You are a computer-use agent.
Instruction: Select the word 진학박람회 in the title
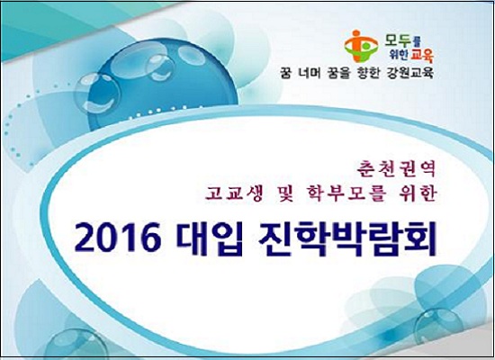coord(346,239)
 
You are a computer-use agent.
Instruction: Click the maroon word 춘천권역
coord(396,168)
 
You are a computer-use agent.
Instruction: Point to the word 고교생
coord(234,193)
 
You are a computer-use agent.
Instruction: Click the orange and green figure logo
coord(362,47)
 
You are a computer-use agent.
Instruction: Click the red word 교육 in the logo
coord(421,56)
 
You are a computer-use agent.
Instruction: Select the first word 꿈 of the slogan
coord(285,73)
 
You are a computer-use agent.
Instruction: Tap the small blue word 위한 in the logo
coord(399,56)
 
